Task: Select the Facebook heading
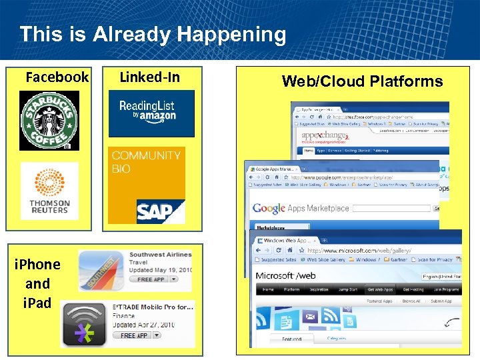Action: point(57,77)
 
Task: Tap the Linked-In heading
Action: point(149,77)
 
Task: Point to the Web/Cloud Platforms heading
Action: point(362,81)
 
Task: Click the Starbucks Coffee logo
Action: point(49,121)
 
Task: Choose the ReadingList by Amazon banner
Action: point(151,113)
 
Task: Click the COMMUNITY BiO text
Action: point(146,162)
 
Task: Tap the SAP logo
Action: point(160,211)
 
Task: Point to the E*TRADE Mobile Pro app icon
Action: point(84,323)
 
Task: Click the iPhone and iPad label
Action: point(37,283)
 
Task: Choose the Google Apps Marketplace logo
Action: point(300,208)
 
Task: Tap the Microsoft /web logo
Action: point(286,276)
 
